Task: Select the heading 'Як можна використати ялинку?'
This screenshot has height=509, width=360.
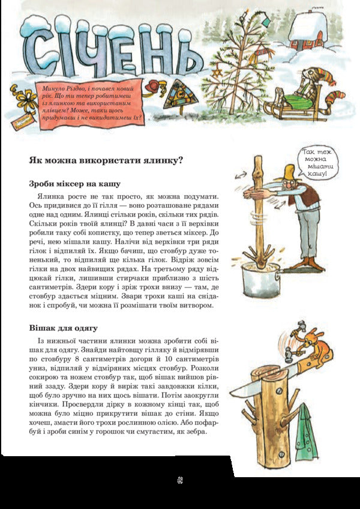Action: [x=106, y=160]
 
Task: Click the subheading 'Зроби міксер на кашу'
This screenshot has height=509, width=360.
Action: [x=75, y=183]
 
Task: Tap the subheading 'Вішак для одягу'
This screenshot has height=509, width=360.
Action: [x=64, y=328]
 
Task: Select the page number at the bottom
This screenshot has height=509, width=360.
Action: [x=179, y=480]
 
